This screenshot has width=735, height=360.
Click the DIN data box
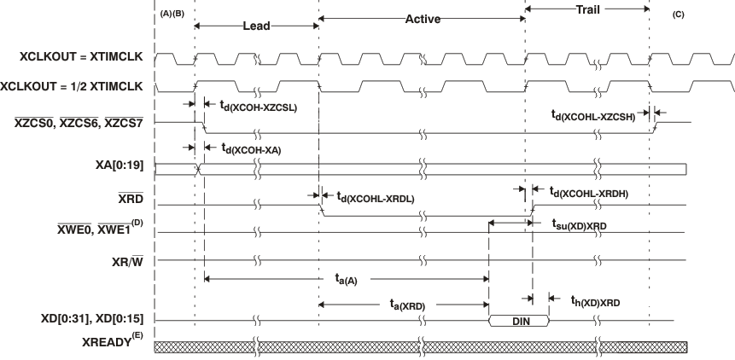click(518, 321)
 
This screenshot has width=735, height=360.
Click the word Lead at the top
click(256, 26)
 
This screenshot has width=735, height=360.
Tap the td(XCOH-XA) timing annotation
click(251, 148)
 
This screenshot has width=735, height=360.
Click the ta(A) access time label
click(345, 277)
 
